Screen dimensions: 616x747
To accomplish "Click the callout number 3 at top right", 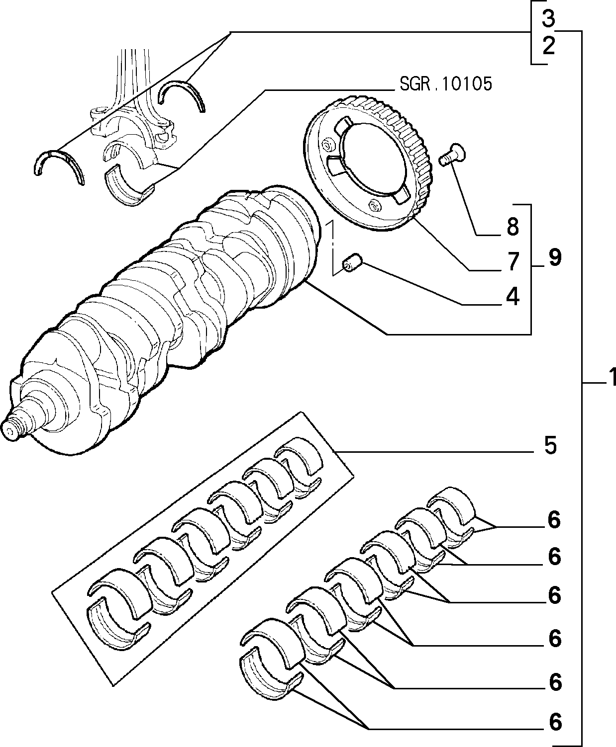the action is point(548,18).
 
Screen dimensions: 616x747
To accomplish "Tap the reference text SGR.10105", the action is point(446,84).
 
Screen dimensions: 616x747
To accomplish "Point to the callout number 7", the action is point(513,261).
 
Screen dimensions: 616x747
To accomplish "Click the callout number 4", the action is point(513,297).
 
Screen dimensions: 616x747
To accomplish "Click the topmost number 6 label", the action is point(554,520).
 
